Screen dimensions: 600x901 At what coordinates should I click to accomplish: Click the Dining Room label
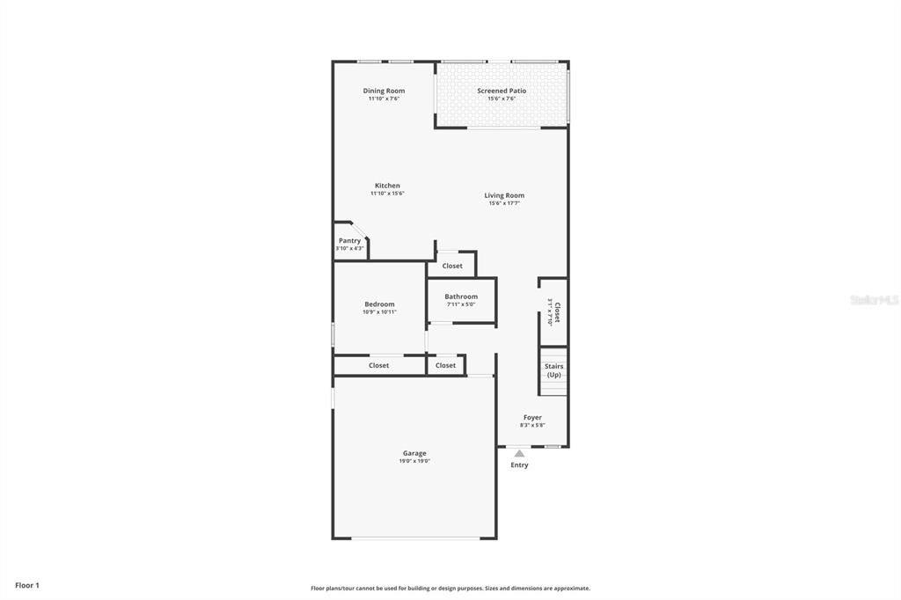tap(384, 91)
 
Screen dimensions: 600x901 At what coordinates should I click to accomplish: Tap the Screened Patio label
tap(502, 91)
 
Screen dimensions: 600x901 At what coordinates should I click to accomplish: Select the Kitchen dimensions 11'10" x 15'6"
tap(387, 194)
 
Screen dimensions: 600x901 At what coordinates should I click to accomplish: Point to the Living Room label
tap(504, 195)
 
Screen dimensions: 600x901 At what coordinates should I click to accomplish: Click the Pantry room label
tap(349, 240)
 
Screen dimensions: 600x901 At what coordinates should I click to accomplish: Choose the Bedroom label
tap(379, 304)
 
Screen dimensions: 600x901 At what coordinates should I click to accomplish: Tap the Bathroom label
tap(461, 296)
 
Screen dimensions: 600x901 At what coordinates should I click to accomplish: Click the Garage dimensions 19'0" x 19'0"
tap(414, 461)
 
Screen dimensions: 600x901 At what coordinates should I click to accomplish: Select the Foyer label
tap(532, 417)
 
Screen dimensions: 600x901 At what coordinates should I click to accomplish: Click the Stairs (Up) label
tap(553, 370)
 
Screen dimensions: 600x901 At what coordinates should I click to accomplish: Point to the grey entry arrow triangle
tap(519, 454)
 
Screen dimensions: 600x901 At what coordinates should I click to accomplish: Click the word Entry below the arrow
tap(519, 465)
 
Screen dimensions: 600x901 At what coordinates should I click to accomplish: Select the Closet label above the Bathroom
tap(452, 266)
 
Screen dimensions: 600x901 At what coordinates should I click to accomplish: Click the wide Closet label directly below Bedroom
tap(378, 365)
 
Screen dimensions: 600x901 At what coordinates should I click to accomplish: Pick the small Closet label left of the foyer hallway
tap(445, 365)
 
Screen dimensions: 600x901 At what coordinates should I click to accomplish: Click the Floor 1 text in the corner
tap(26, 585)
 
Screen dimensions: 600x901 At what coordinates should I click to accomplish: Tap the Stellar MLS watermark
tap(874, 300)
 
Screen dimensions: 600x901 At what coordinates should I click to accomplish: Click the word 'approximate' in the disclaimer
tap(570, 589)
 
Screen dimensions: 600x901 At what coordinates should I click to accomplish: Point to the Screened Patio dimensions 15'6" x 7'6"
tap(502, 99)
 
